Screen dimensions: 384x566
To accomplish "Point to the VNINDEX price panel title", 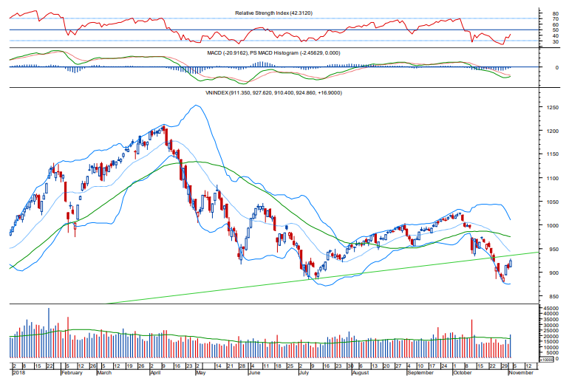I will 273,93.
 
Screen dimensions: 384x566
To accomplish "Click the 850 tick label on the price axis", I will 548,297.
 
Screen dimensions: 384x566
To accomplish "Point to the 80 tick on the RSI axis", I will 545,13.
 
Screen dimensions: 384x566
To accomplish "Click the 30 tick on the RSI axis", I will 545,42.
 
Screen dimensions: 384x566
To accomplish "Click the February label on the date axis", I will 71,374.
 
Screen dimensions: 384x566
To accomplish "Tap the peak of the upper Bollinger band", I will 195,106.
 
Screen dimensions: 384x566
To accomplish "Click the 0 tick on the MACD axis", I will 545,67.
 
